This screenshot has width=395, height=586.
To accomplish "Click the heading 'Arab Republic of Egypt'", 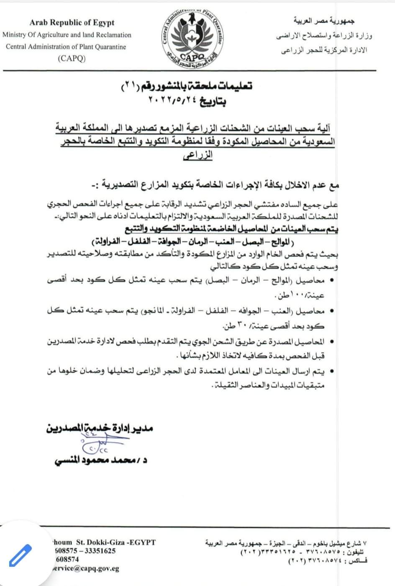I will pyautogui.click(x=72, y=23).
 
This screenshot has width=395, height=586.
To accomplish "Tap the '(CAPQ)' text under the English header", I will pyautogui.click(x=72, y=59).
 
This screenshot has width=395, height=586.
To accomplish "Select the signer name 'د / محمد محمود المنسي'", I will pyautogui.click(x=100, y=460).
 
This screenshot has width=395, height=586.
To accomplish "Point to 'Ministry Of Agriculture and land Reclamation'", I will pyautogui.click(x=67, y=35).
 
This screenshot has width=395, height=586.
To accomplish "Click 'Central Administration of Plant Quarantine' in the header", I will pyautogui.click(x=66, y=47).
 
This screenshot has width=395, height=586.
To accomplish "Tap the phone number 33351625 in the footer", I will pyautogui.click(x=100, y=551).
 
